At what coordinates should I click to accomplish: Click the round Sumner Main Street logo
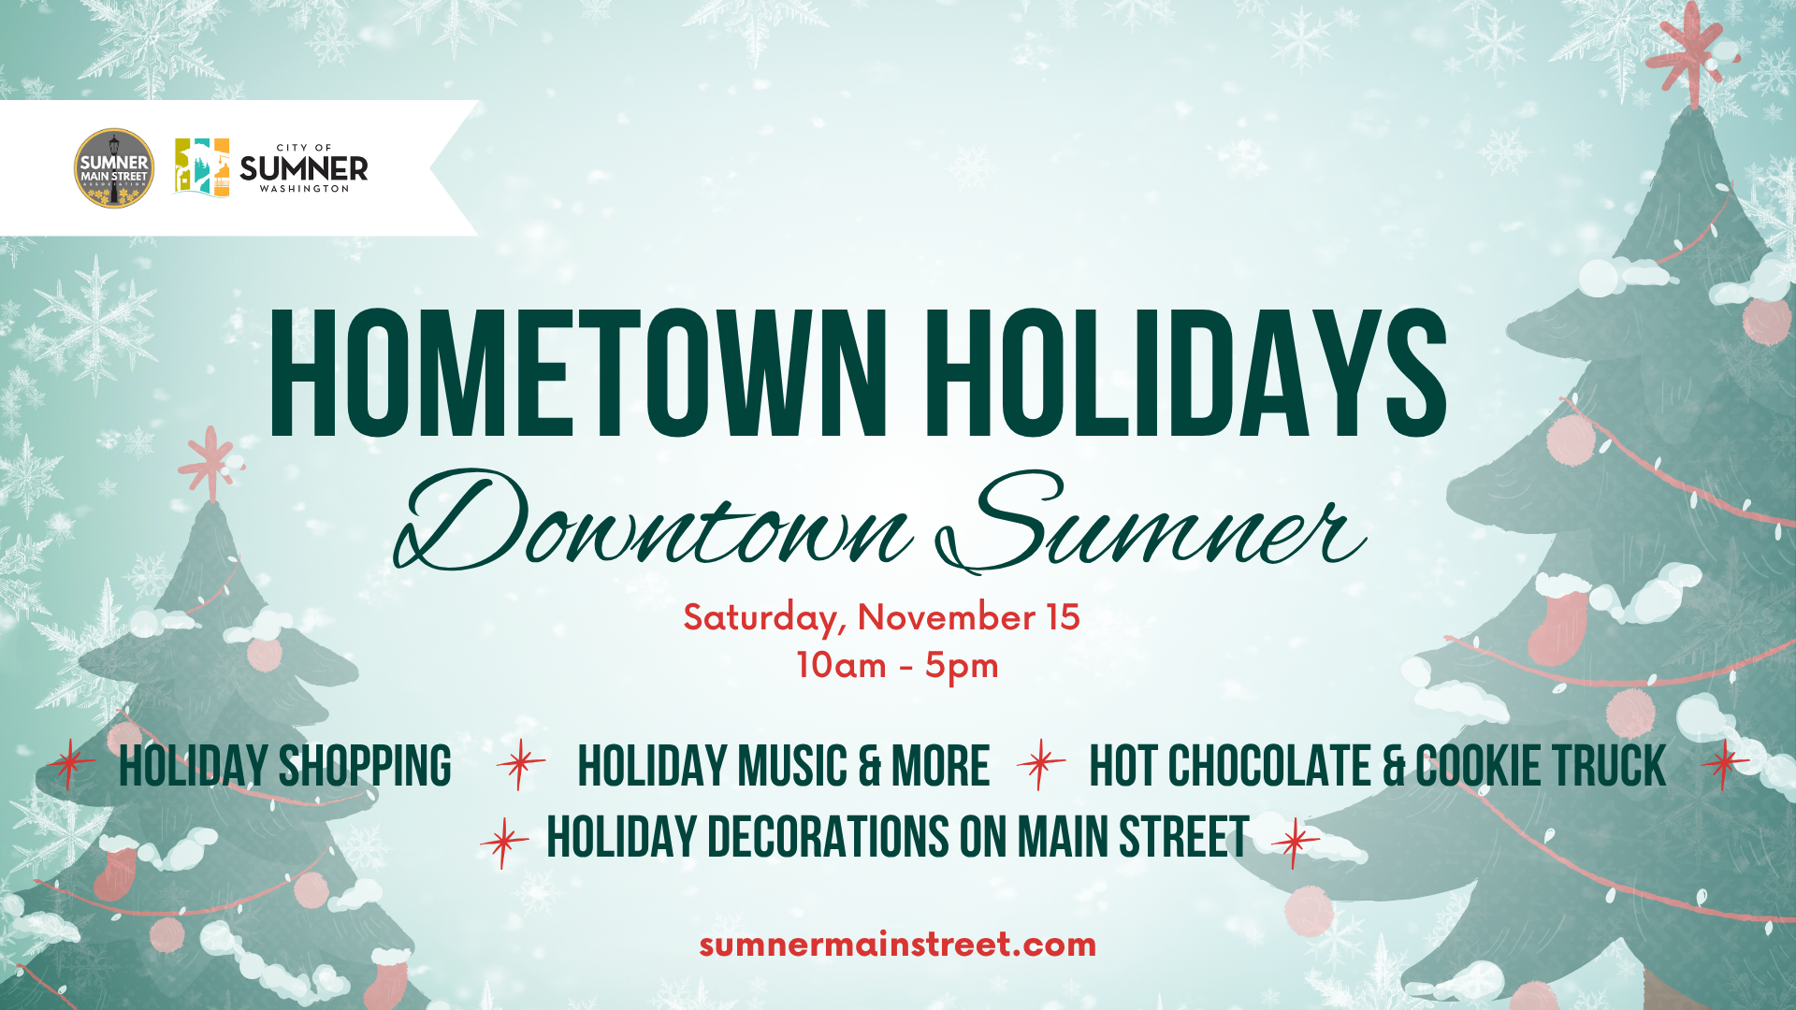pyautogui.click(x=114, y=168)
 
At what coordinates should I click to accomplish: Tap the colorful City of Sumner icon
pyautogui.click(x=202, y=167)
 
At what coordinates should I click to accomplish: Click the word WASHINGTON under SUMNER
pyautogui.click(x=304, y=189)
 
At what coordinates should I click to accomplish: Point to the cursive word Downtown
pyautogui.click(x=653, y=522)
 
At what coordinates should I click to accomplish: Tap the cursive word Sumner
pyautogui.click(x=1151, y=522)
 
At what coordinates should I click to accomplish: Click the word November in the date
pyautogui.click(x=946, y=617)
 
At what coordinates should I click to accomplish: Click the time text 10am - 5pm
pyautogui.click(x=897, y=666)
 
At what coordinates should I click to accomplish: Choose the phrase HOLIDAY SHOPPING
pyautogui.click(x=285, y=767)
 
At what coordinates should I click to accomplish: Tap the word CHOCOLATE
pyautogui.click(x=1268, y=767)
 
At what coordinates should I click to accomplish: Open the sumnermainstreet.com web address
pyautogui.click(x=897, y=945)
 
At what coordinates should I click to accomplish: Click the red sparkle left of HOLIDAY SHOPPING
pyautogui.click(x=70, y=765)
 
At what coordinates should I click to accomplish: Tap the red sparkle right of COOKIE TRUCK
pyautogui.click(x=1725, y=765)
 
